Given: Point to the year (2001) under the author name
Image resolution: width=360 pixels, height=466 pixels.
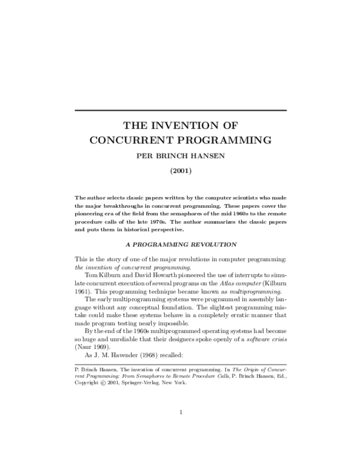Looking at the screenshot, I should click(180, 171).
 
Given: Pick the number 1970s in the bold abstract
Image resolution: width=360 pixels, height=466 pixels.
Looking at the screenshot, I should click(182, 222).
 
